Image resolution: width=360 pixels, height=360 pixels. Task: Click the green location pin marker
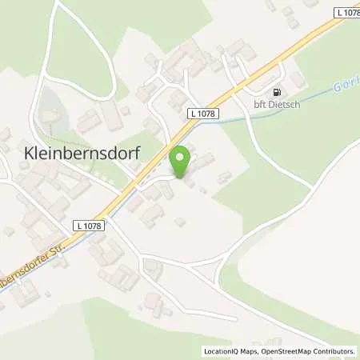point(181,161)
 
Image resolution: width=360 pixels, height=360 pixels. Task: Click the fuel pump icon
point(277,92)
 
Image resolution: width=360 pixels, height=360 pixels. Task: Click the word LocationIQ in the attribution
point(222,350)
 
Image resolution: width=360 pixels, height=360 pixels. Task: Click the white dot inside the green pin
point(181,156)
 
